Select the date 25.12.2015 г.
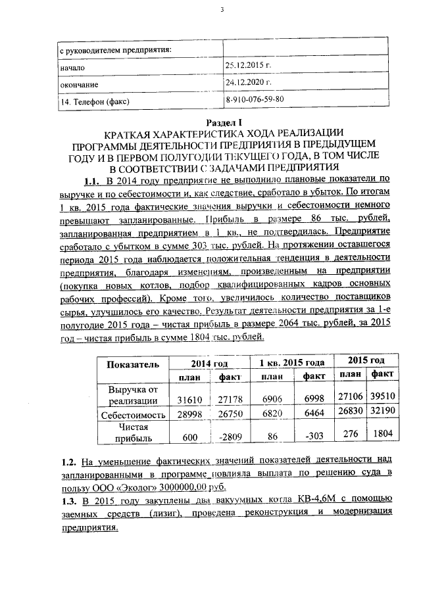pos(249,66)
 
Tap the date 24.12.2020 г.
pos(249,83)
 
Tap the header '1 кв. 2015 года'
pos(291,363)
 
